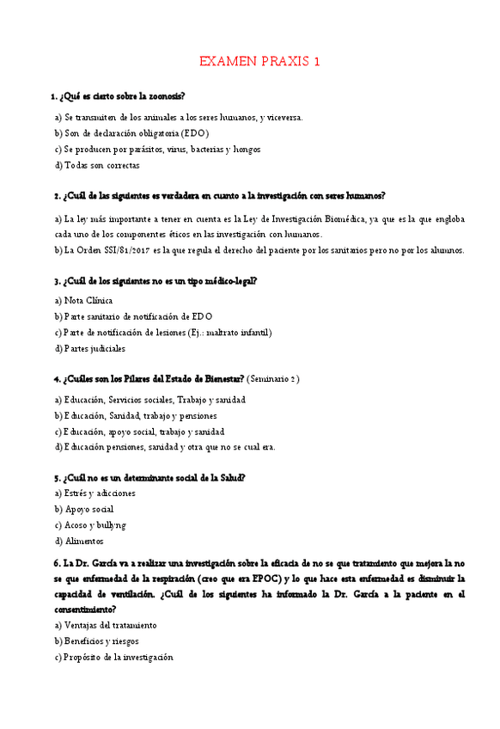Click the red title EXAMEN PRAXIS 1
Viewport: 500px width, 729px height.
click(x=259, y=61)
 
